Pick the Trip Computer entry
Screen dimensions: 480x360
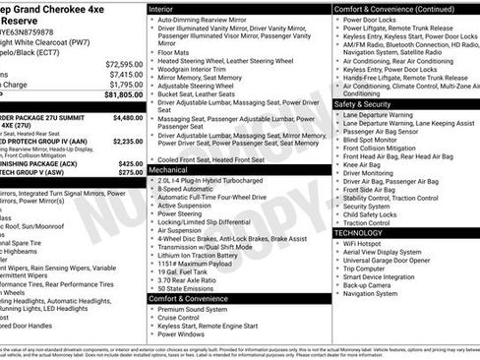click(367, 269)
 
